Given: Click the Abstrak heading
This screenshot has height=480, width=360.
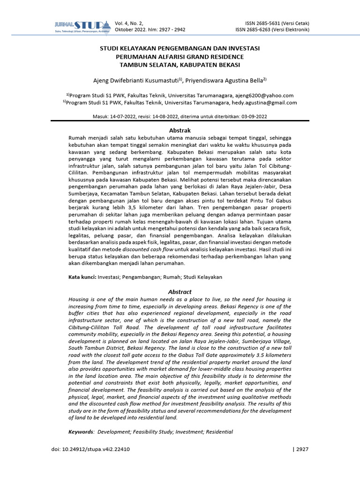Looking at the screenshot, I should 180,130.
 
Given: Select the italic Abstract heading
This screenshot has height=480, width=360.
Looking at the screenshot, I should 180,292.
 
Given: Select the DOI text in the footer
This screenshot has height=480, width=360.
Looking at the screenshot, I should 90,449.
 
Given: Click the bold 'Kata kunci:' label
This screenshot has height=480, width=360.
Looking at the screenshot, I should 82,277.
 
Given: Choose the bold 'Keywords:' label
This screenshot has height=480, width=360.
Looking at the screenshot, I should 81,432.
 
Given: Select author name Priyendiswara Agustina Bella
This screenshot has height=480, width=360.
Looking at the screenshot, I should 224,80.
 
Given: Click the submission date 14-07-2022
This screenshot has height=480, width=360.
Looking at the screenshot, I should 123,116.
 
